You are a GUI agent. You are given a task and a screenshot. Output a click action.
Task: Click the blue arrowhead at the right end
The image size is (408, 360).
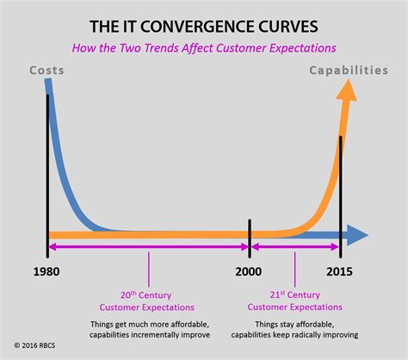click(360, 233)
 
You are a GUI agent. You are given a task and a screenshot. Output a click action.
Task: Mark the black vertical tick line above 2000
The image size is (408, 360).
click(249, 233)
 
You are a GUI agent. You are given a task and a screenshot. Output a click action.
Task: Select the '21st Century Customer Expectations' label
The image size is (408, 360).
click(294, 300)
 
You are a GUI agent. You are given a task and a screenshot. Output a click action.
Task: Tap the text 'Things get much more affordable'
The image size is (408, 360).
click(148, 323)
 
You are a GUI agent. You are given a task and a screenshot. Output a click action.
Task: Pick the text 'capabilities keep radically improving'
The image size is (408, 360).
click(294, 335)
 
